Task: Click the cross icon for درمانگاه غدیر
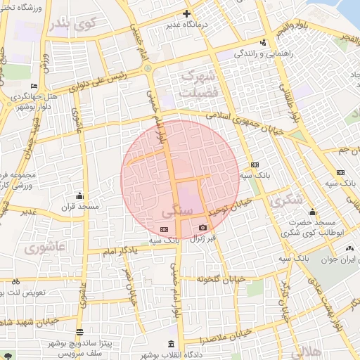(x=186, y=13)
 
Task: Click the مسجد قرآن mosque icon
(x=79, y=196)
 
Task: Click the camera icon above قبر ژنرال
(x=203, y=228)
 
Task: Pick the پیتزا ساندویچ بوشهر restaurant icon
(x=79, y=333)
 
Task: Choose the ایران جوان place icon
(x=350, y=248)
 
